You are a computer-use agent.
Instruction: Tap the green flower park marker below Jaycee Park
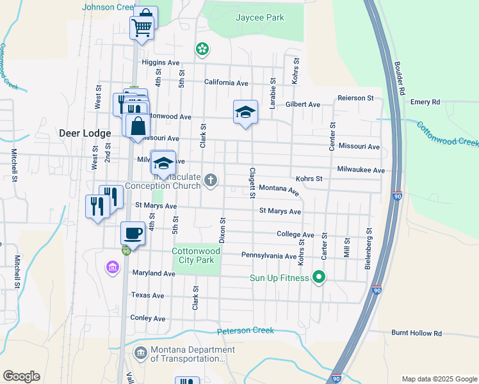[202, 49]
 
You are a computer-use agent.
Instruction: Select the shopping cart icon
[142, 27]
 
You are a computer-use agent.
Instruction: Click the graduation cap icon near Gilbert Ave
[245, 112]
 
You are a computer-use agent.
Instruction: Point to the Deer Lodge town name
[85, 134]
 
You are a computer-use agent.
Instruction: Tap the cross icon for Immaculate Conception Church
[210, 181]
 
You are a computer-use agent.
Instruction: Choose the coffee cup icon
[133, 233]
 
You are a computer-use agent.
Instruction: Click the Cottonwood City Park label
[196, 256]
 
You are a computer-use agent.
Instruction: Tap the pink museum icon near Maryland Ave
[113, 266]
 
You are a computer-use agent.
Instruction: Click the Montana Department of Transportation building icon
[141, 352]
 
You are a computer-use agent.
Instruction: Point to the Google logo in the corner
[21, 376]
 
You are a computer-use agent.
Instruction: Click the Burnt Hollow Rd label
[416, 333]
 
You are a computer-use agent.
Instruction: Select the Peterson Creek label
[245, 331]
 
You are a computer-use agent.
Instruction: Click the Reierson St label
[355, 98]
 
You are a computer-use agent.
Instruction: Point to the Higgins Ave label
[160, 63]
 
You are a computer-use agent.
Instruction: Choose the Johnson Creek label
[106, 8]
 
